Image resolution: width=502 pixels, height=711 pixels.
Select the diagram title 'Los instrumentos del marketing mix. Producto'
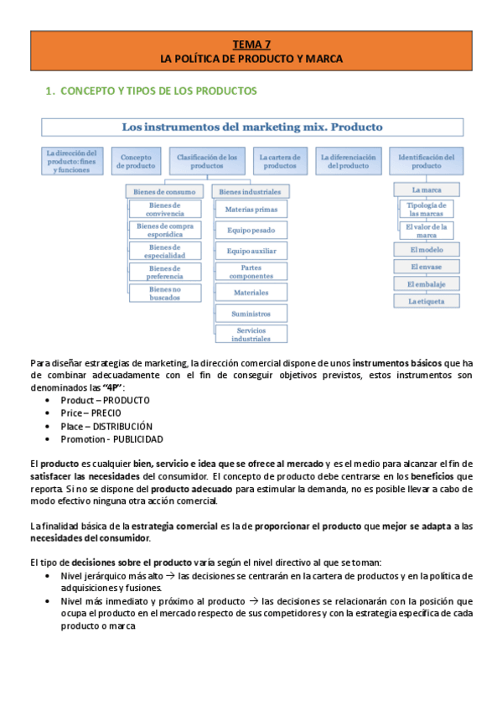(252, 127)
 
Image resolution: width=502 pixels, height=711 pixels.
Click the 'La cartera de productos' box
(280, 161)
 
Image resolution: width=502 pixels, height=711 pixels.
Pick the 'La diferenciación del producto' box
(348, 161)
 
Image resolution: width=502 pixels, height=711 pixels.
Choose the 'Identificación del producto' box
(426, 161)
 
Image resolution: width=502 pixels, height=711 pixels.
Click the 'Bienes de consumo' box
(164, 192)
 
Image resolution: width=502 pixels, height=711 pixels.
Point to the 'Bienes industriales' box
(249, 192)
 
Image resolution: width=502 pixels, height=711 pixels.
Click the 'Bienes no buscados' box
(165, 293)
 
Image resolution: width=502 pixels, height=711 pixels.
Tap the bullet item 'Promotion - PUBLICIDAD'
(111, 439)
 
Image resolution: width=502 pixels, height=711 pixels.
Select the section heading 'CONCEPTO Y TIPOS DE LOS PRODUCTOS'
(159, 90)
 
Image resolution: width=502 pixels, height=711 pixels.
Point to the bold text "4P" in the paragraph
(111, 387)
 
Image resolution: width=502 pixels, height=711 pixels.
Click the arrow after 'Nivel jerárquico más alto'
(170, 577)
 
